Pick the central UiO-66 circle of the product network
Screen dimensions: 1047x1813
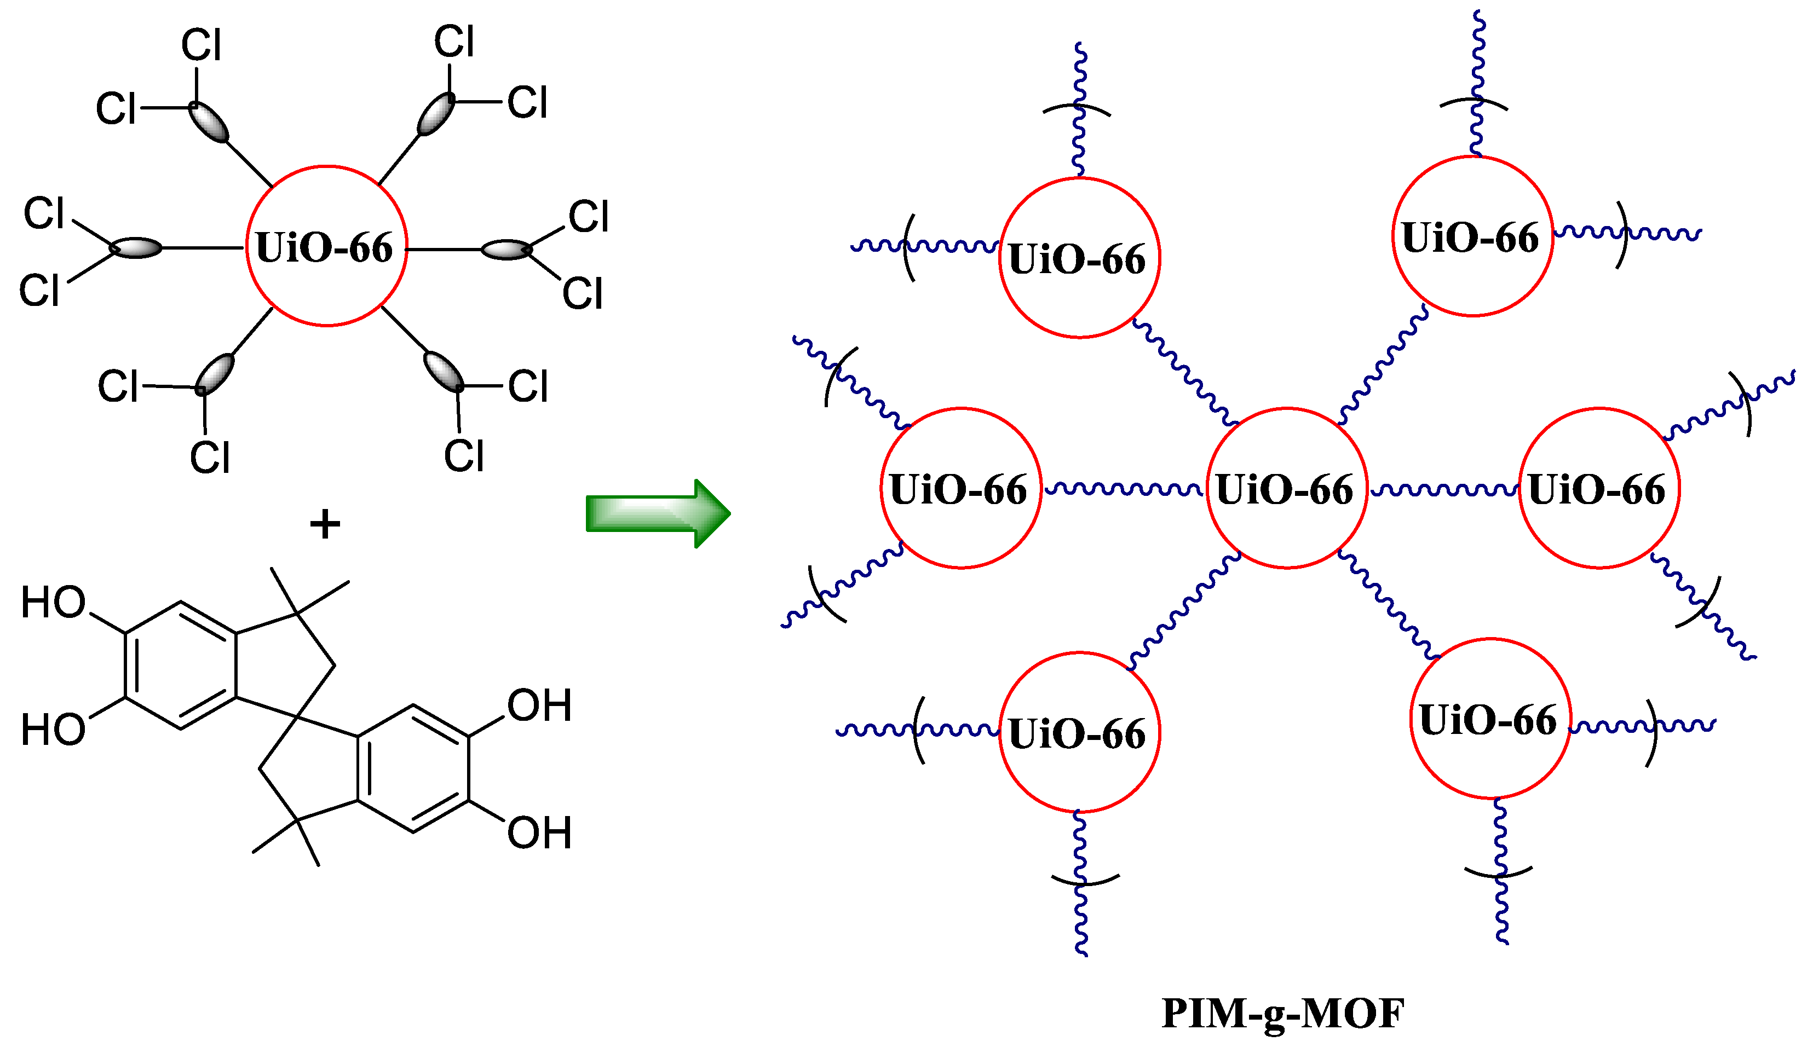click(1286, 488)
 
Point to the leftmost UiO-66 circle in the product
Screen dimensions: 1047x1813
click(960, 488)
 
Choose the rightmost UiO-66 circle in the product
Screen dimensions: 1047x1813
click(1598, 488)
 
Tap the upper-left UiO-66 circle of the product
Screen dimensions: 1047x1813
click(1079, 257)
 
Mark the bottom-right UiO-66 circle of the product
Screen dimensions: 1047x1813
click(1490, 719)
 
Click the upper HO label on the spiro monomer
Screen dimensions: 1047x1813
click(53, 603)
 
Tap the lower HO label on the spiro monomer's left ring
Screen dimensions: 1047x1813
click(53, 730)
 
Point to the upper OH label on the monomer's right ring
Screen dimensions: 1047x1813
click(539, 705)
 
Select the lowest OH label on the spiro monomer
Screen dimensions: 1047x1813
click(539, 832)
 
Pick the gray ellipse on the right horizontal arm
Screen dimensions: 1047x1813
click(507, 250)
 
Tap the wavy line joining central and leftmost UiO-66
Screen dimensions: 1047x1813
click(1123, 489)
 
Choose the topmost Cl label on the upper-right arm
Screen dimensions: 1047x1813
click(454, 42)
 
